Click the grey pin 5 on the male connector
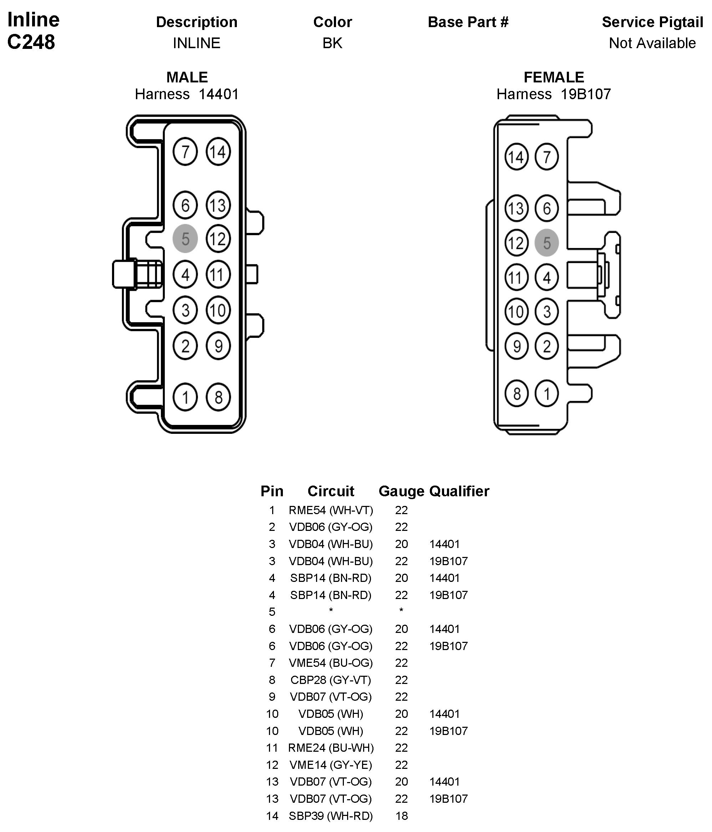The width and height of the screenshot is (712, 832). coord(185,239)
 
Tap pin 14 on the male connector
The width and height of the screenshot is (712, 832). coord(218,152)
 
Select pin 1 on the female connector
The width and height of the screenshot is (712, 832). coord(546,394)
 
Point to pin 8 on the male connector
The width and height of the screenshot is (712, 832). coord(218,397)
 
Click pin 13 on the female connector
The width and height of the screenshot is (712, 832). coord(516,208)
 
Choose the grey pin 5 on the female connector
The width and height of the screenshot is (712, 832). coord(546,243)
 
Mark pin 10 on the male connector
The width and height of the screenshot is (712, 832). coord(218,310)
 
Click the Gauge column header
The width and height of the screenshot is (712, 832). coord(401,491)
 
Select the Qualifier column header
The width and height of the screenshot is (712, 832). coord(459,491)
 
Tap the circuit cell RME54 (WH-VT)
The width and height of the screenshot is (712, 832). coord(331,510)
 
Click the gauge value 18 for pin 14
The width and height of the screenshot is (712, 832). coord(401,816)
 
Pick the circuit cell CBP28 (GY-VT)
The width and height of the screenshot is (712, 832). coord(331,680)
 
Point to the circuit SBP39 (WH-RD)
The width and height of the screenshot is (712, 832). coord(331,816)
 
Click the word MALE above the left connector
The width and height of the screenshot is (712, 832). coord(187,77)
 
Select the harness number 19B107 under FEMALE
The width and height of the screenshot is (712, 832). coord(585,94)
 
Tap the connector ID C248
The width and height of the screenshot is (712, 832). coord(31,42)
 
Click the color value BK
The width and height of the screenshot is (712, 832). coord(332,43)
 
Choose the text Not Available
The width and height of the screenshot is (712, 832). coord(652,43)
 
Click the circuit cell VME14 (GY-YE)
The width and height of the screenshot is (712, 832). coord(331,765)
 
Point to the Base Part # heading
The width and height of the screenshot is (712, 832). coord(468,22)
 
